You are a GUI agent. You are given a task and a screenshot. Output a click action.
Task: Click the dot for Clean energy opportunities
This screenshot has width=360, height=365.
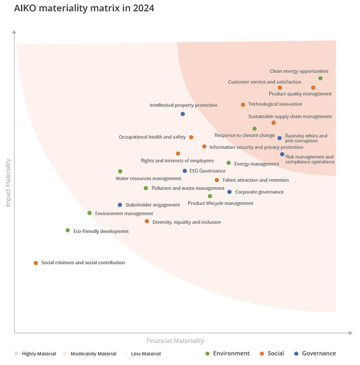320,78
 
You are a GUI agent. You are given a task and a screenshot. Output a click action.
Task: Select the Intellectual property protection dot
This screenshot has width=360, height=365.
183,114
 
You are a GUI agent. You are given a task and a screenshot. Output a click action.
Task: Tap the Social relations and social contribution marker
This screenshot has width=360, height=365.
36,263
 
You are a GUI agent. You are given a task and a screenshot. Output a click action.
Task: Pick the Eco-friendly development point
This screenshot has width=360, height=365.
67,231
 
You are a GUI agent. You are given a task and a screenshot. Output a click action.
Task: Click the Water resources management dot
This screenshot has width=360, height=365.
120,171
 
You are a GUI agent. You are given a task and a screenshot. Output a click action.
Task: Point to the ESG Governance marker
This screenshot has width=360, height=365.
184,171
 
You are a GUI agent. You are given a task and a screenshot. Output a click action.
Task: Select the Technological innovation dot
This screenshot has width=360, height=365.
243,105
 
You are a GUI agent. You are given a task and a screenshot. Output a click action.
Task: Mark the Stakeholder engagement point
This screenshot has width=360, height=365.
120,205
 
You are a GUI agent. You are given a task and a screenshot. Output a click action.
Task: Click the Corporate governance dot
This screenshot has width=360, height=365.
229,192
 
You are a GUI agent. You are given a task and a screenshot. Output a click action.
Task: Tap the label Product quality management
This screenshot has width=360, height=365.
300,94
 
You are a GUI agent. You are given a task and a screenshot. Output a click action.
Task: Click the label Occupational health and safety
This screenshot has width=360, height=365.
152,137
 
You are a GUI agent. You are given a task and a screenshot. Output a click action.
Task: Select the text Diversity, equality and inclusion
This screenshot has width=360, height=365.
186,222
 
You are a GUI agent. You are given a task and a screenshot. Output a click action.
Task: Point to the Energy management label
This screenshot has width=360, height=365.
256,164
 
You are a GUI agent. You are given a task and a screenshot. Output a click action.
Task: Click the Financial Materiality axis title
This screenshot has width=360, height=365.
175,341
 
